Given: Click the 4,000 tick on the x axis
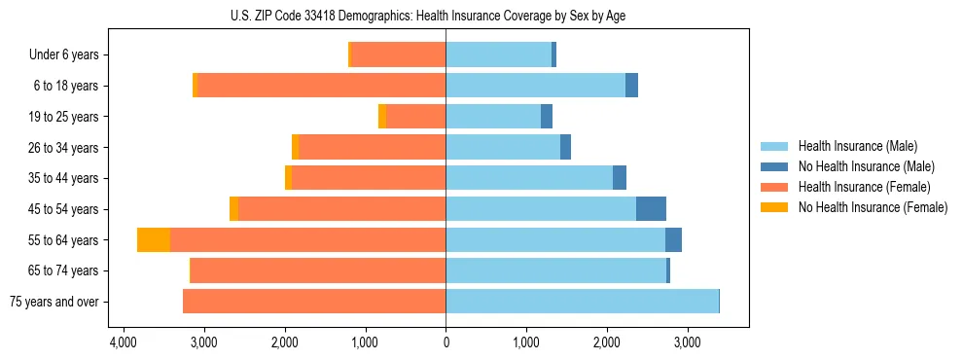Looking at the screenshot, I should coord(123,342).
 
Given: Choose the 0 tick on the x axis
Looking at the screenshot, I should coord(446,342).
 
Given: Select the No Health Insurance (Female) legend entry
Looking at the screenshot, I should coord(873,207).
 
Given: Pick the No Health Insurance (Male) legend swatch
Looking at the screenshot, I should coord(775,166).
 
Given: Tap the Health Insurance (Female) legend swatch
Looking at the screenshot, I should coord(775,187).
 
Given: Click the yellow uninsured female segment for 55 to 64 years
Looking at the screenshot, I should coord(154,240).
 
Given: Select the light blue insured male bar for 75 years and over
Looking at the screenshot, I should coord(582,302).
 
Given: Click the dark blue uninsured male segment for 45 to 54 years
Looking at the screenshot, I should coord(651,209).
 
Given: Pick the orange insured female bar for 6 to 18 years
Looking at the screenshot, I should coord(321,86).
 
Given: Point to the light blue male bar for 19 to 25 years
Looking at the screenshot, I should coord(493,117).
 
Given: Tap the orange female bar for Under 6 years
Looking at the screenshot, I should coord(399,54).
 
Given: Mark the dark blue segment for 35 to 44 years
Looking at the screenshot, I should coord(620,178).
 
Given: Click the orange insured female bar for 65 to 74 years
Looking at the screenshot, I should coord(318,270).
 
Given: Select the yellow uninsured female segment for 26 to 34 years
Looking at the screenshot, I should coord(296,147).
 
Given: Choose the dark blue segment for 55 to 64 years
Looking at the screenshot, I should coord(673,240).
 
